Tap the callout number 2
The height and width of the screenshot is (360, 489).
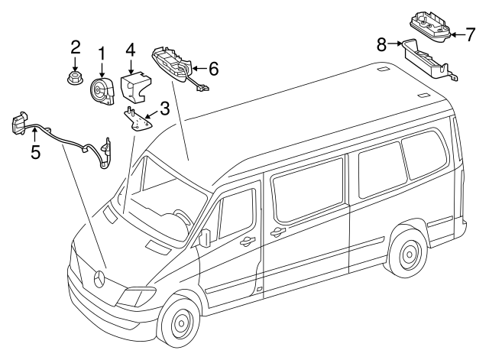(x=76, y=47)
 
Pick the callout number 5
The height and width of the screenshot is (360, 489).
(x=35, y=151)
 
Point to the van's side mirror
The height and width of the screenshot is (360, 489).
(x=205, y=237)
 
